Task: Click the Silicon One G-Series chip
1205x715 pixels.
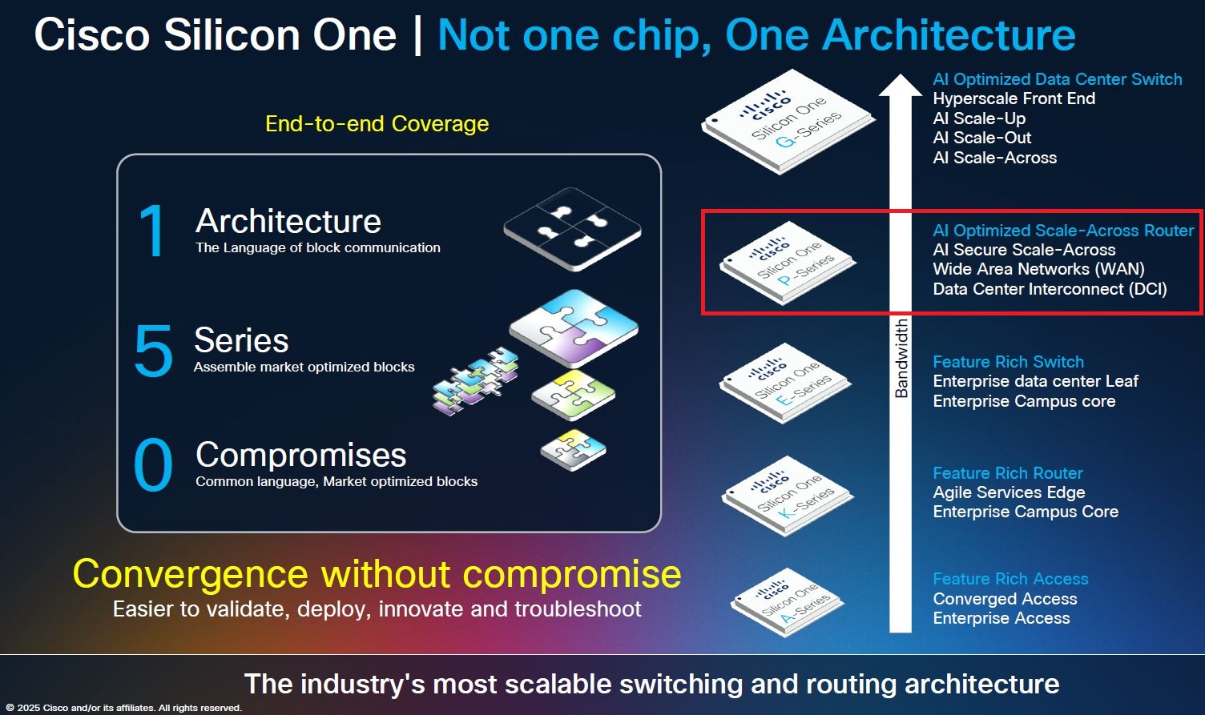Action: tap(788, 124)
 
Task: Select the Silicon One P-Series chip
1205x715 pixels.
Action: tap(788, 262)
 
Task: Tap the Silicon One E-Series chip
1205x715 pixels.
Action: tap(785, 382)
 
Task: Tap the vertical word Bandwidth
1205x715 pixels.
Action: tap(901, 358)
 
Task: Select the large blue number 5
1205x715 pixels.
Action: tap(153, 351)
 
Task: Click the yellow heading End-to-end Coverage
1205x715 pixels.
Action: tap(377, 124)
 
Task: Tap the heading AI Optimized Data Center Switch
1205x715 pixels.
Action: tap(1057, 79)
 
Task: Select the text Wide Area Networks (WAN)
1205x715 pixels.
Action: tap(1038, 269)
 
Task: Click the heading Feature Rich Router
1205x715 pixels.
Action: tap(1007, 473)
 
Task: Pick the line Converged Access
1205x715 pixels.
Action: tap(1005, 599)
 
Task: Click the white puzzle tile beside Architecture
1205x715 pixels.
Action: tap(572, 228)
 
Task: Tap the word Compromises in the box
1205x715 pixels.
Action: tap(300, 455)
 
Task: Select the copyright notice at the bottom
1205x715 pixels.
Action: tap(123, 708)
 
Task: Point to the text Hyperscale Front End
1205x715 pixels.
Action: tap(1014, 98)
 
